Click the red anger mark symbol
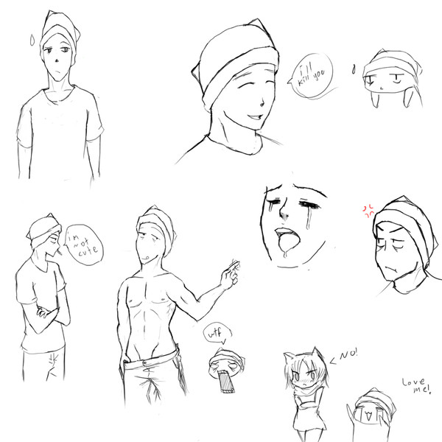pyautogui.click(x=368, y=211)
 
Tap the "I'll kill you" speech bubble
pyautogui.click(x=312, y=76)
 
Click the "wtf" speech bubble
pyautogui.click(x=217, y=334)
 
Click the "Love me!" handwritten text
pyautogui.click(x=417, y=385)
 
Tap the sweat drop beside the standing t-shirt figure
pyautogui.click(x=32, y=40)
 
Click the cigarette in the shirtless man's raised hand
pyautogui.click(x=234, y=265)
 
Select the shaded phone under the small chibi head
pyautogui.click(x=225, y=382)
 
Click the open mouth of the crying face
pyautogui.click(x=287, y=239)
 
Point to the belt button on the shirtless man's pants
pyautogui.click(x=145, y=362)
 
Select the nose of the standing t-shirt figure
pyautogui.click(x=57, y=61)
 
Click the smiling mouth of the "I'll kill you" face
pyautogui.click(x=256, y=116)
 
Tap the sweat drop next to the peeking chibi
pyautogui.click(x=354, y=69)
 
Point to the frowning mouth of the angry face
pyautogui.click(x=390, y=269)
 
